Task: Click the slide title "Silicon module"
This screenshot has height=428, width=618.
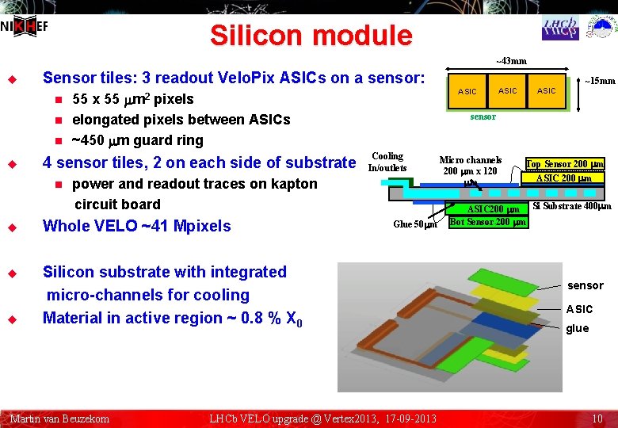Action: (311, 36)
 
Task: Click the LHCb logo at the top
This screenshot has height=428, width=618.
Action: (560, 28)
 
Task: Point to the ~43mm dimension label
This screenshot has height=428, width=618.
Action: (511, 61)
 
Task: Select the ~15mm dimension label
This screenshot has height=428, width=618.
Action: (600, 80)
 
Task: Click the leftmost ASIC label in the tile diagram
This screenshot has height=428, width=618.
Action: (467, 92)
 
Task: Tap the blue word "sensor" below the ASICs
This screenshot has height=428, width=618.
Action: (483, 117)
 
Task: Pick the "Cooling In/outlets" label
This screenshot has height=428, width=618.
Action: (387, 162)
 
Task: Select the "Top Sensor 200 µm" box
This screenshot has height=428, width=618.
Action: (565, 164)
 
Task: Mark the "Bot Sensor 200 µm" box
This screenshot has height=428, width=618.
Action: (487, 222)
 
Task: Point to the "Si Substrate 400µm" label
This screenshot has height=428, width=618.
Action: (571, 207)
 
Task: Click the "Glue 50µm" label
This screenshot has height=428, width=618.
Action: (415, 224)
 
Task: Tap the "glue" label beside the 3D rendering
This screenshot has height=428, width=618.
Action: (577, 329)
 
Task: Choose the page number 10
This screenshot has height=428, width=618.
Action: (597, 418)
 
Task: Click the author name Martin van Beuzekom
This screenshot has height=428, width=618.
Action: (59, 418)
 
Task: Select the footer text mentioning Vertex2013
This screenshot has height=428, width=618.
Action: (322, 418)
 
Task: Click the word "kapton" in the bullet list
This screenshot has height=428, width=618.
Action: (289, 184)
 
